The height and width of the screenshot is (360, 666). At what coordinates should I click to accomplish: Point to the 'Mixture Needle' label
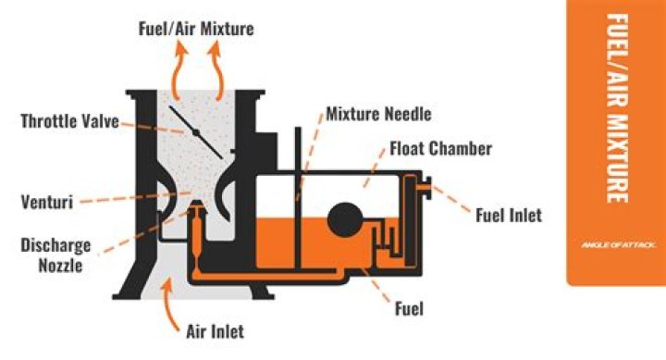coord(379,116)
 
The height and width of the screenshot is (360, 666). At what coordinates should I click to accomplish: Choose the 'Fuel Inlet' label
coord(508,216)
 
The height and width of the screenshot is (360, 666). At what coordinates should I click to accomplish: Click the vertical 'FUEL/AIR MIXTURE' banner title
coord(616,106)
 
